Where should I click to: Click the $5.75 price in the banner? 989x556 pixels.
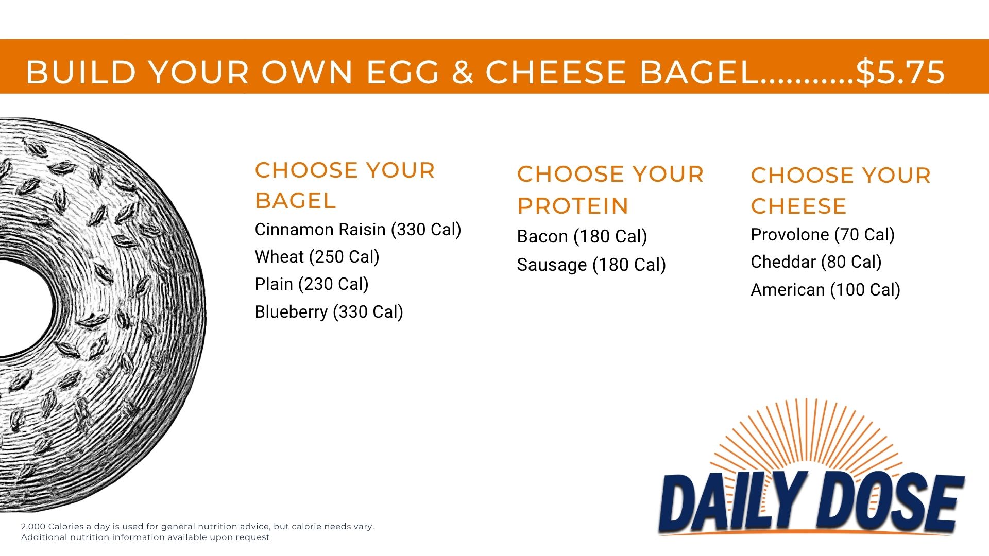click(900, 72)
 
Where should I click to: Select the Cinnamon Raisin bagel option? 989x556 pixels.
click(358, 230)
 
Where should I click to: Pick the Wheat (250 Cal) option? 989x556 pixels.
click(317, 257)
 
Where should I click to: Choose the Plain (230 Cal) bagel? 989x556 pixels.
click(312, 284)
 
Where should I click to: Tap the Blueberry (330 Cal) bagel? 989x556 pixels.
click(329, 312)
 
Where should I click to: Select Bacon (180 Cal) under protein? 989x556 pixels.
click(582, 237)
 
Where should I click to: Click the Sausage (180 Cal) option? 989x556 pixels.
click(591, 265)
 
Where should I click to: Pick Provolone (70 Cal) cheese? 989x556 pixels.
click(823, 235)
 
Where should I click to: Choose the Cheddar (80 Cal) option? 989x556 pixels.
click(816, 262)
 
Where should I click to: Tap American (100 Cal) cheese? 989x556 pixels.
click(826, 290)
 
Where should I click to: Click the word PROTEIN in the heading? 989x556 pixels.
click(573, 206)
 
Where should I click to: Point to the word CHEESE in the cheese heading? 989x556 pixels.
click(799, 206)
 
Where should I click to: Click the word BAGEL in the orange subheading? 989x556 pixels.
click(296, 201)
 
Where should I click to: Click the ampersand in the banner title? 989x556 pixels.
click(463, 72)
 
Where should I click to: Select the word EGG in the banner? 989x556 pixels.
click(402, 72)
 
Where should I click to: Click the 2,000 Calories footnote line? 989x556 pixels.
click(197, 527)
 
